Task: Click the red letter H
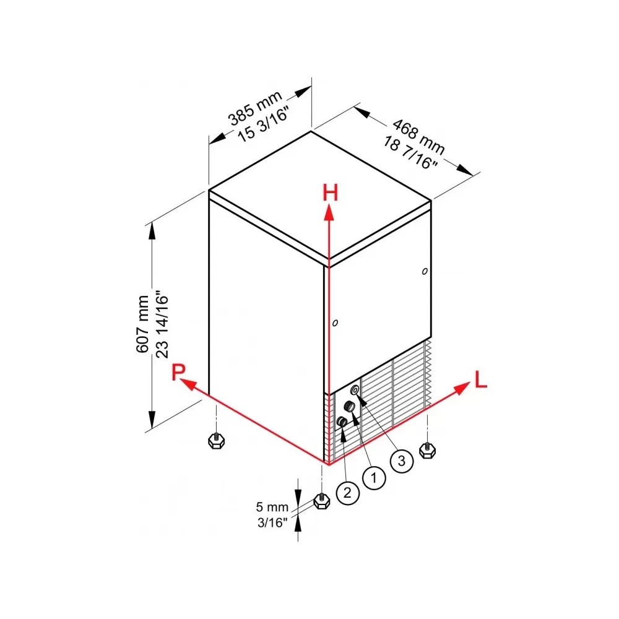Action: (331, 193)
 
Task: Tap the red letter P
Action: (178, 371)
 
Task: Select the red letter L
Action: (480, 379)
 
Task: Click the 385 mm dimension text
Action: (256, 108)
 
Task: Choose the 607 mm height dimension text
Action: (142, 324)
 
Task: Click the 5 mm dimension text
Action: (272, 506)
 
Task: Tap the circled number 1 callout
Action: (373, 478)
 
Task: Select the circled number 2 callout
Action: (347, 493)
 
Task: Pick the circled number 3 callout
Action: (402, 461)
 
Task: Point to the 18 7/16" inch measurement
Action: (410, 153)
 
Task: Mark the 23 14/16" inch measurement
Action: (162, 324)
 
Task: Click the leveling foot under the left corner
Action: (216, 440)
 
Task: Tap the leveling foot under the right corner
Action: (427, 450)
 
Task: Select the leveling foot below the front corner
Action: (322, 501)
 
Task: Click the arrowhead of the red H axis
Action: (329, 213)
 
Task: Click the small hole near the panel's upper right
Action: (425, 271)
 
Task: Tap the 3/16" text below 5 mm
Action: (272, 522)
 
